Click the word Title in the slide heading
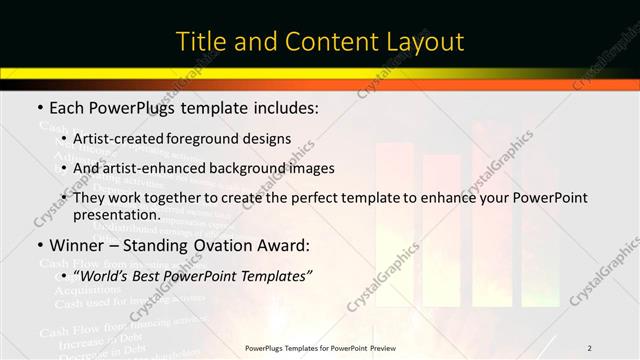[201, 41]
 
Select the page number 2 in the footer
[589, 348]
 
